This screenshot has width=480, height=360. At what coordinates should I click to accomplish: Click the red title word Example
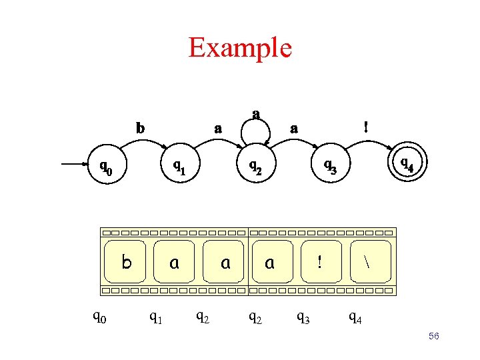pos(239,47)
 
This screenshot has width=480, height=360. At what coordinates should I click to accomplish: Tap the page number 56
pos(433,337)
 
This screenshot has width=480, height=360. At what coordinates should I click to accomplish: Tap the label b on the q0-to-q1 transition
pos(139,127)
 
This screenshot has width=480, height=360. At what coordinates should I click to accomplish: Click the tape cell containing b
pos(127,263)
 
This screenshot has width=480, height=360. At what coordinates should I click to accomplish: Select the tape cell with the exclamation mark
pos(319,263)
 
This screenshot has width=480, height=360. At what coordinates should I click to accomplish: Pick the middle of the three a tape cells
pos(225,263)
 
